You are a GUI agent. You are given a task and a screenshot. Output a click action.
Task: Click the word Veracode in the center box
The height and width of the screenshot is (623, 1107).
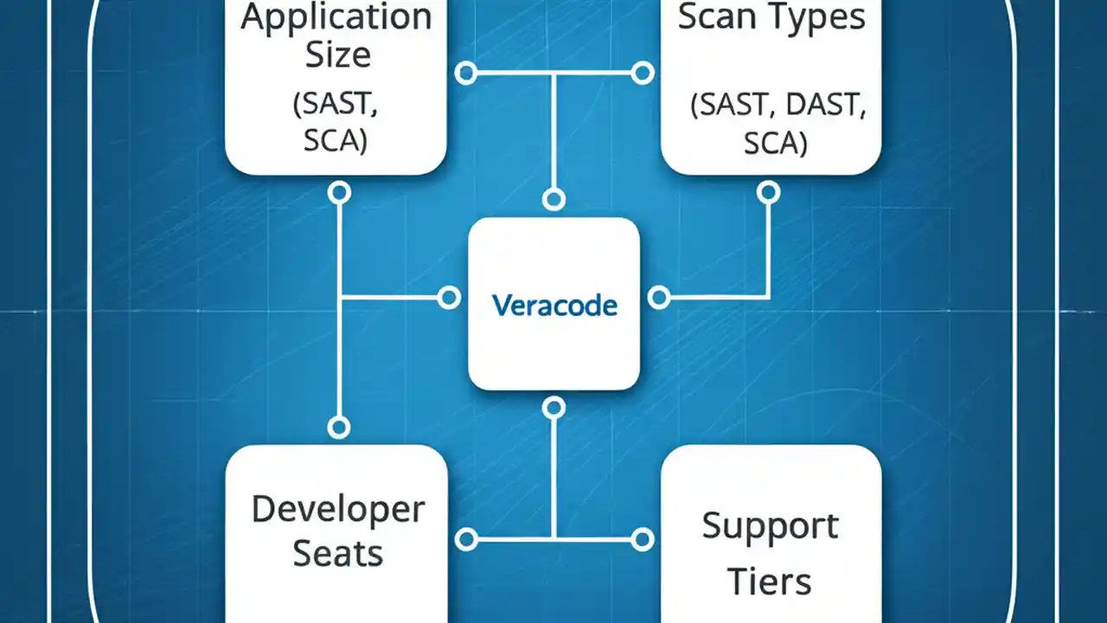[554, 305]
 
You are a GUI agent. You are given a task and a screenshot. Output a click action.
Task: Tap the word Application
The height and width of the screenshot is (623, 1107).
[336, 16]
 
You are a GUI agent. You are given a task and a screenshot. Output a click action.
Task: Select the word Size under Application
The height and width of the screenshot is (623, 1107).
[337, 55]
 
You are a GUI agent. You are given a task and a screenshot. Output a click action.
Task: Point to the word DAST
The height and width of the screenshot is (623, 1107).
[826, 106]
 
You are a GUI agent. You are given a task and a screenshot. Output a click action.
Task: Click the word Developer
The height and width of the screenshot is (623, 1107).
[338, 509]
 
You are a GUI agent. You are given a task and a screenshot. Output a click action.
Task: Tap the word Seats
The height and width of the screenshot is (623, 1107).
[337, 553]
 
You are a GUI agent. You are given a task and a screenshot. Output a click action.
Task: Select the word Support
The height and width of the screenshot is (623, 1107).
[770, 526]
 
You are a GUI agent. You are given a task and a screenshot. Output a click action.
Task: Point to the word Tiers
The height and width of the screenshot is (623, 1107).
[769, 581]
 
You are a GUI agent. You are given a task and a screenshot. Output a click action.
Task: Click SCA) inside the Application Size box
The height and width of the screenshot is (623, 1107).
[336, 140]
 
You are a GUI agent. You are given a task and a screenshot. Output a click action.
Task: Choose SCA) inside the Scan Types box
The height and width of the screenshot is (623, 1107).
[776, 143]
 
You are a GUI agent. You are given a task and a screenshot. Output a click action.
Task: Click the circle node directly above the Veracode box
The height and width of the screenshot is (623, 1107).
[553, 200]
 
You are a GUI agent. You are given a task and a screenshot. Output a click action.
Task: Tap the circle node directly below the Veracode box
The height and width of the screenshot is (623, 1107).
[553, 408]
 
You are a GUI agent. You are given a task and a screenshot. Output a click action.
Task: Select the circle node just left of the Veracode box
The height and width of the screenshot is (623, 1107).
[449, 298]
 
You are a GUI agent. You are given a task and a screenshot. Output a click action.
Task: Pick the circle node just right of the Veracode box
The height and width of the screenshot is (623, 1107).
[659, 298]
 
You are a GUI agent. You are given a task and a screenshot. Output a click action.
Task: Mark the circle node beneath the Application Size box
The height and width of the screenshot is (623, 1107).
[340, 192]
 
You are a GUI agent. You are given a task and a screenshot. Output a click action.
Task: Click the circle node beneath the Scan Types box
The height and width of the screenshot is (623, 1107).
[768, 192]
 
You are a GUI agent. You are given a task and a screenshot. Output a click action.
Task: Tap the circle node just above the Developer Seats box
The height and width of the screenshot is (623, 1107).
[340, 427]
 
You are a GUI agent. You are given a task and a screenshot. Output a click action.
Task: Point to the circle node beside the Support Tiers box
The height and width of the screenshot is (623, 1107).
[642, 540]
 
